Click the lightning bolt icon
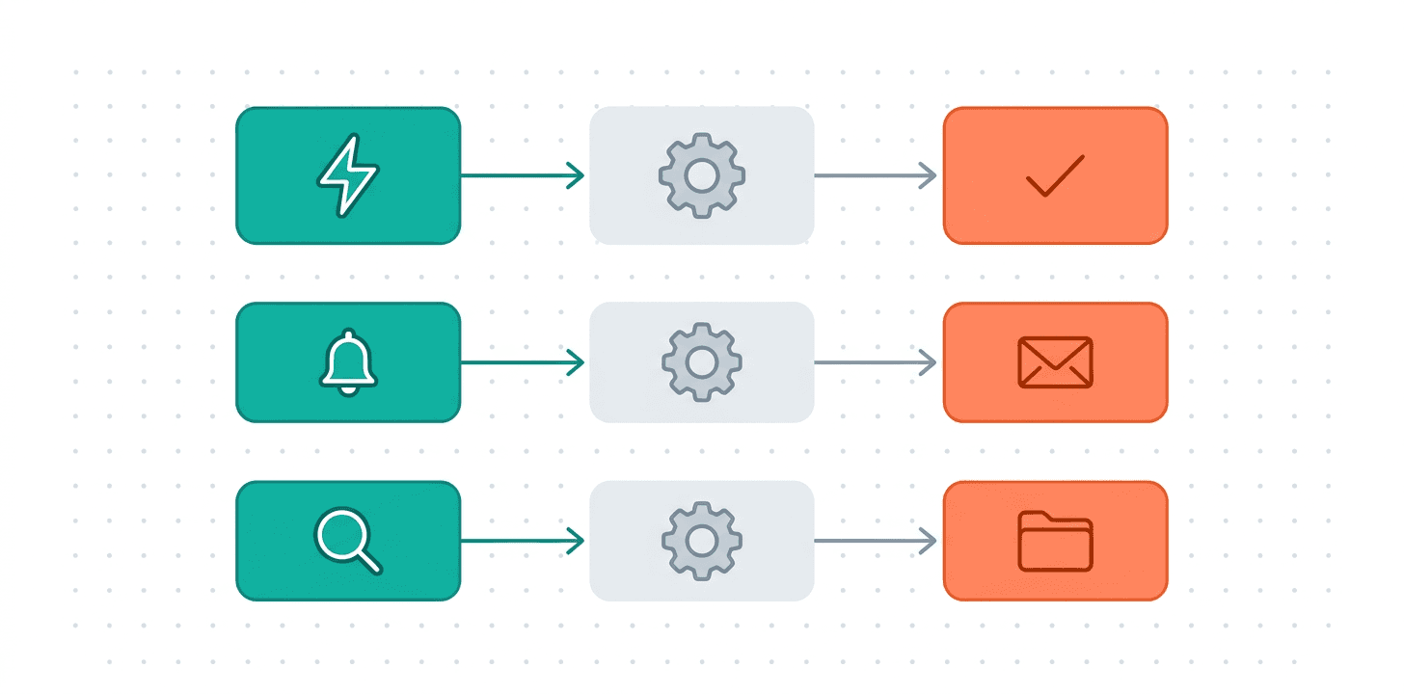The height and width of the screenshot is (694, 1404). pos(348,174)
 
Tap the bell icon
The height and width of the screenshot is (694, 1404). pos(348,362)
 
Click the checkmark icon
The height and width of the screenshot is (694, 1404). pos(1055,175)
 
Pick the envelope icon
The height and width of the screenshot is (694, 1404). pos(1055,362)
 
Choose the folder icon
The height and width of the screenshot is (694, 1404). pos(1055,541)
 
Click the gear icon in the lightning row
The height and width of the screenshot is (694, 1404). pos(701,175)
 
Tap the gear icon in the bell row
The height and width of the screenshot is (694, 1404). pos(701,362)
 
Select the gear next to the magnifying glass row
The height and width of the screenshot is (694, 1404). pos(701,541)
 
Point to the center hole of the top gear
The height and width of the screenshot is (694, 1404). pos(701,175)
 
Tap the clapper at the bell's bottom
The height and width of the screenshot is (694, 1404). pos(348,387)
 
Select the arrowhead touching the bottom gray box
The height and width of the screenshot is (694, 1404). pos(580,541)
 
